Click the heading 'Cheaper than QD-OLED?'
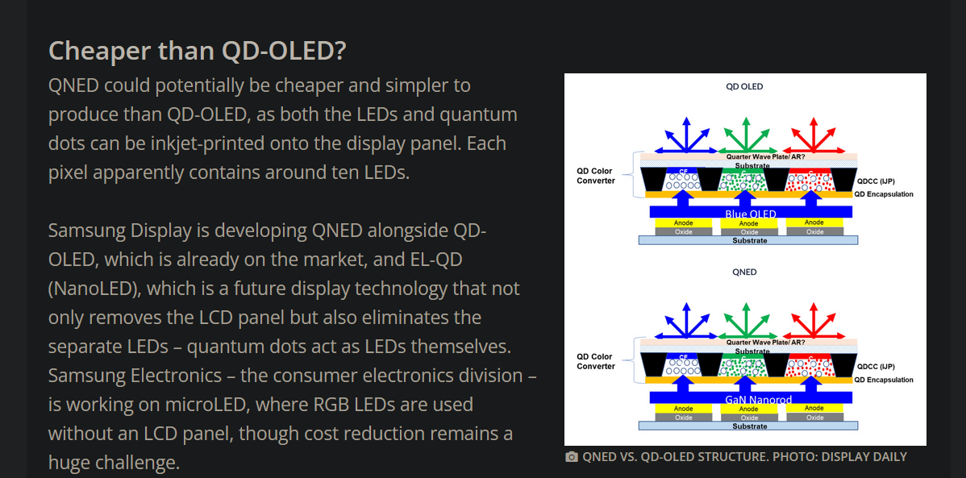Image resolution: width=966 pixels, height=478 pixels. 197,51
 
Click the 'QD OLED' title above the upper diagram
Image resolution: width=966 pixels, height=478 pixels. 744,87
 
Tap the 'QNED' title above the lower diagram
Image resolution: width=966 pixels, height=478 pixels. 744,272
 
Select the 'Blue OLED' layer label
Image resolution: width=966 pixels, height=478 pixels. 751,214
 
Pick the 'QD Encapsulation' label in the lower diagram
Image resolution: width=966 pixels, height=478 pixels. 884,380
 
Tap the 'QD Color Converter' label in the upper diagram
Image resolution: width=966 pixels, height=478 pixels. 595,176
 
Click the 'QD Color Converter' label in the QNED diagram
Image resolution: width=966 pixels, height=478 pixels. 595,361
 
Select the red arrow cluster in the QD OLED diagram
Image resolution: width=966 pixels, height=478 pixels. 814,135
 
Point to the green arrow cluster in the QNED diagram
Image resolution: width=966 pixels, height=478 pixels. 747,321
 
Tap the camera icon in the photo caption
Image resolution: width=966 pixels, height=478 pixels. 572,457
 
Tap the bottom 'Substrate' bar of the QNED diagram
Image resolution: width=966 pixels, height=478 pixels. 748,426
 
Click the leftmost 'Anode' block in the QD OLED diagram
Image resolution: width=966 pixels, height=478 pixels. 683,223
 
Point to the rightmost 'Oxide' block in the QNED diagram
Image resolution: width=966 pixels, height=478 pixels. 814,418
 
